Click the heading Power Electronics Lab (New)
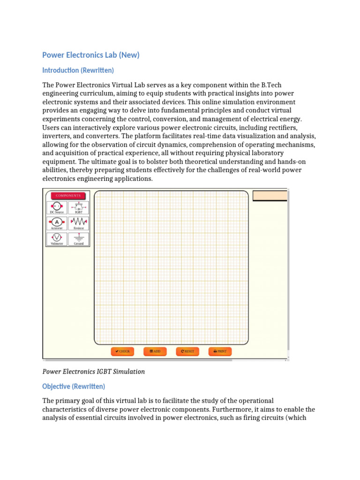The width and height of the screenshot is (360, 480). (x=91, y=55)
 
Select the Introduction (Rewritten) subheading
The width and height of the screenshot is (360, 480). (x=78, y=70)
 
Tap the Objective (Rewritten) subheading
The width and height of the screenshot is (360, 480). (x=74, y=386)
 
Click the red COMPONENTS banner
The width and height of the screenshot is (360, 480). (x=68, y=195)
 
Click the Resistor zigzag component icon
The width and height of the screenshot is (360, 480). (x=79, y=223)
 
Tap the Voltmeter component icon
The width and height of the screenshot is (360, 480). (x=57, y=238)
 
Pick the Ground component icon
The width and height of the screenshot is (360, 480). (x=79, y=238)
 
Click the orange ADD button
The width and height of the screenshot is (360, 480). (x=155, y=351)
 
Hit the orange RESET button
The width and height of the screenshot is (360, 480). (x=187, y=351)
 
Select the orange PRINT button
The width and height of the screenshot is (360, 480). (x=220, y=351)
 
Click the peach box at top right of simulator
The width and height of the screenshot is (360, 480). (x=270, y=195)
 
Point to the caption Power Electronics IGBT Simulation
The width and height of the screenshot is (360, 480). (x=93, y=371)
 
